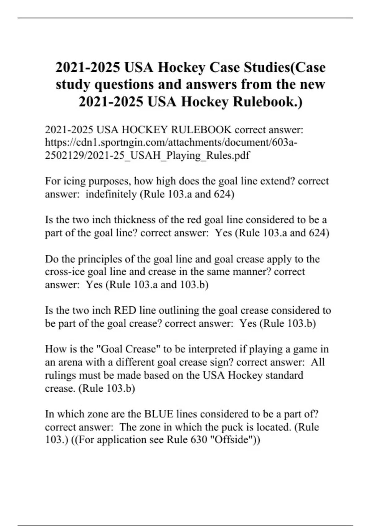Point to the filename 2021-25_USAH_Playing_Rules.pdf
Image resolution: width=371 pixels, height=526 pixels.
(168, 155)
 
